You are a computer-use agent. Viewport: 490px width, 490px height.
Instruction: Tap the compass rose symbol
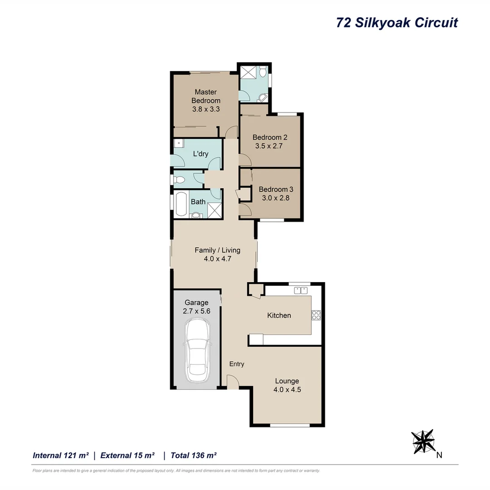[x=423, y=441]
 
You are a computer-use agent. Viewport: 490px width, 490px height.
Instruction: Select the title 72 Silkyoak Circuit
[x=397, y=23]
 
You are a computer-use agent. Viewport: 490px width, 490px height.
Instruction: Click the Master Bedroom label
[x=206, y=96]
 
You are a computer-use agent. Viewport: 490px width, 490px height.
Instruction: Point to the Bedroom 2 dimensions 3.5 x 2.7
[x=270, y=146]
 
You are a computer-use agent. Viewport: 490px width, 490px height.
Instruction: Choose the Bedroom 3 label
[x=274, y=189]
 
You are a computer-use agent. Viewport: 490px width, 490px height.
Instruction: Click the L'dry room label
[x=201, y=154]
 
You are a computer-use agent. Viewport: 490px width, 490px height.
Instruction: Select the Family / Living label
[x=217, y=250]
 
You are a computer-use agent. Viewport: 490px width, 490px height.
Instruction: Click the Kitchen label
[x=279, y=315]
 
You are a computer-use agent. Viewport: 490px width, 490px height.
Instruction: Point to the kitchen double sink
[x=301, y=290]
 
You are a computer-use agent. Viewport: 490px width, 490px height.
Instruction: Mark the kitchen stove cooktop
[x=316, y=314]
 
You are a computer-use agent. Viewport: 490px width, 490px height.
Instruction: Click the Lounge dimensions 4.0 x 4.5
[x=287, y=389]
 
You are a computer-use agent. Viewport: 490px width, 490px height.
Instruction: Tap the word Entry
[x=237, y=364]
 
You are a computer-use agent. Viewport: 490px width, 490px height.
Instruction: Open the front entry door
[x=233, y=382]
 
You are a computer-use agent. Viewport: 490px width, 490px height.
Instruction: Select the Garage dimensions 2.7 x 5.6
[x=196, y=311]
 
